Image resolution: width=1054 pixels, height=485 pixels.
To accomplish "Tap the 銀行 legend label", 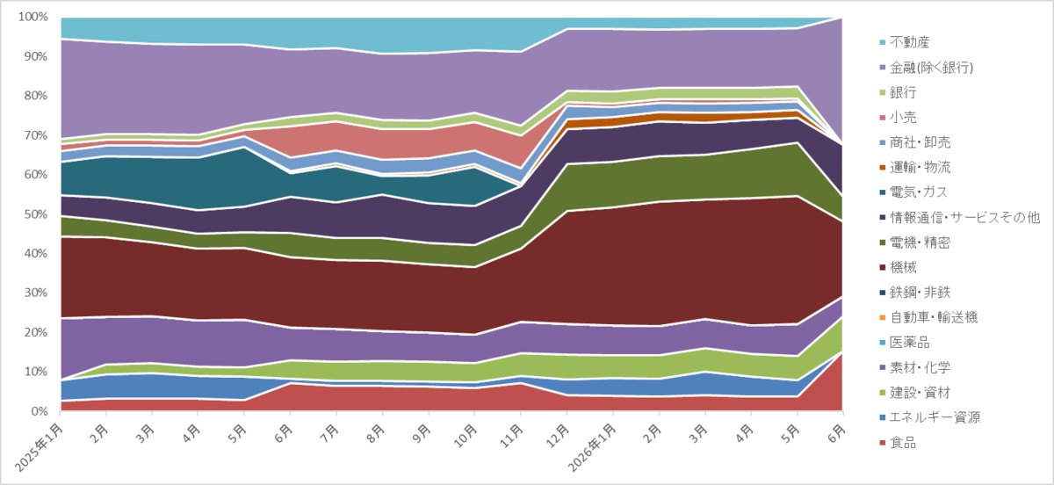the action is [x=898, y=92].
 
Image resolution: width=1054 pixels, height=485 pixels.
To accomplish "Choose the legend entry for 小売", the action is [x=898, y=117].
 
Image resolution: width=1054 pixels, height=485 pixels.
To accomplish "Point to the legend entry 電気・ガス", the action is [x=913, y=192].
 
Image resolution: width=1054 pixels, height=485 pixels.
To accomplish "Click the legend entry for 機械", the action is [x=898, y=267].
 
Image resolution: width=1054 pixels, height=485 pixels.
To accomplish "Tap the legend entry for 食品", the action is [x=898, y=443].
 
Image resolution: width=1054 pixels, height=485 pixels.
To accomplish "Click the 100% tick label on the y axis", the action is [x=33, y=17].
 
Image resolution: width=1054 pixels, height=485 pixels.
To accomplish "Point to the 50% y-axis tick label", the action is [x=36, y=214].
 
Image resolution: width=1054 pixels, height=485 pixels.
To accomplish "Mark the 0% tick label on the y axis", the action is [x=40, y=411].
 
